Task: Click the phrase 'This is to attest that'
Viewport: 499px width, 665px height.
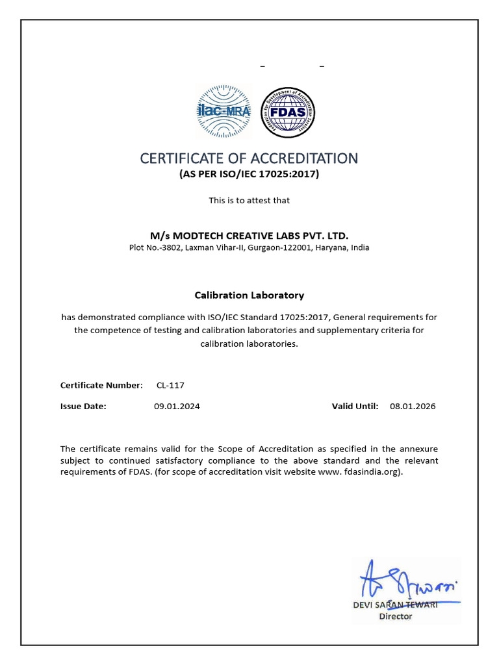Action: [x=249, y=200]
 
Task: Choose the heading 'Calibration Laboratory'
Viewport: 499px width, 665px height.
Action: [x=249, y=295]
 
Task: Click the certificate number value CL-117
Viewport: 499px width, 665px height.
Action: [x=170, y=385]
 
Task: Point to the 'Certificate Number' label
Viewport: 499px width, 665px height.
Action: [x=100, y=385]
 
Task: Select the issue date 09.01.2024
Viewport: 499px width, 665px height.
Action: [x=177, y=406]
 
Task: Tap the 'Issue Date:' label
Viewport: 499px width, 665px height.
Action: [x=83, y=406]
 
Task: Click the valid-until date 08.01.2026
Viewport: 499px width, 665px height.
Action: [x=413, y=406]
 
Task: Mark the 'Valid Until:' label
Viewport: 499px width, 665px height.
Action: [x=355, y=406]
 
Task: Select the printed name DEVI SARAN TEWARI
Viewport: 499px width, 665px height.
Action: [x=395, y=605]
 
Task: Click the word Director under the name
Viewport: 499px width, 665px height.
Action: [x=395, y=616]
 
